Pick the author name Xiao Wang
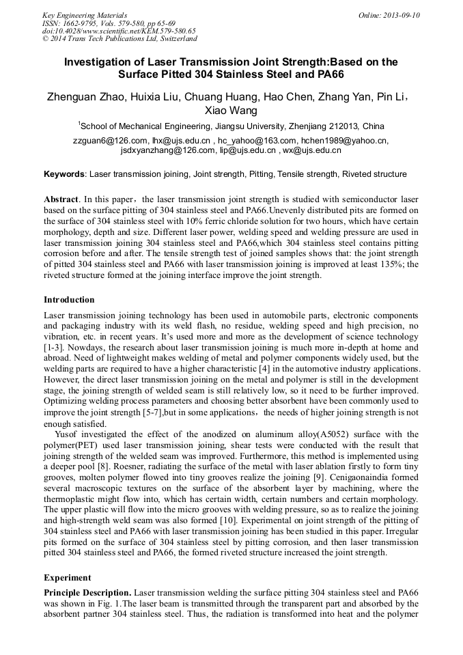231,111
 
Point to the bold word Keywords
65,175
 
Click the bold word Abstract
61,199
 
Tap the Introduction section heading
69,300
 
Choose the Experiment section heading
67,577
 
